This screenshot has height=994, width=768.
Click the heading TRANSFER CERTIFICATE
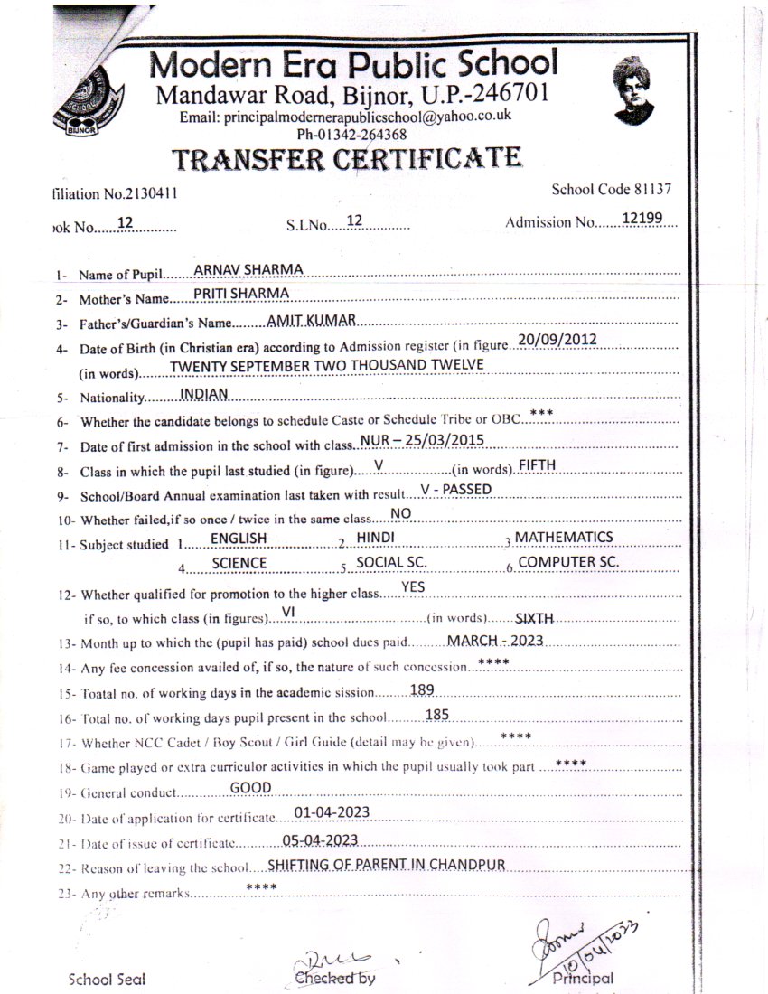click(347, 160)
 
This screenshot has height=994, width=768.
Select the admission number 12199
click(642, 219)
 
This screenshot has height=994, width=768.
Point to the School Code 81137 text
click(611, 190)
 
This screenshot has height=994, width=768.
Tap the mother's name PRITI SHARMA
click(241, 294)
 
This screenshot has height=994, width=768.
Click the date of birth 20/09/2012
click(557, 340)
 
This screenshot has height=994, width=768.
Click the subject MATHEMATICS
click(564, 538)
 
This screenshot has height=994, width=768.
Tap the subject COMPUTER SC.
click(568, 562)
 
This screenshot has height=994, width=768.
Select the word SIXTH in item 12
click(534, 619)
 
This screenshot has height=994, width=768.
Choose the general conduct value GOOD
click(251, 787)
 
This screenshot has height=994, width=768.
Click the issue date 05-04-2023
click(320, 839)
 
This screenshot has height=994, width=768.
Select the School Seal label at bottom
click(107, 980)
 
